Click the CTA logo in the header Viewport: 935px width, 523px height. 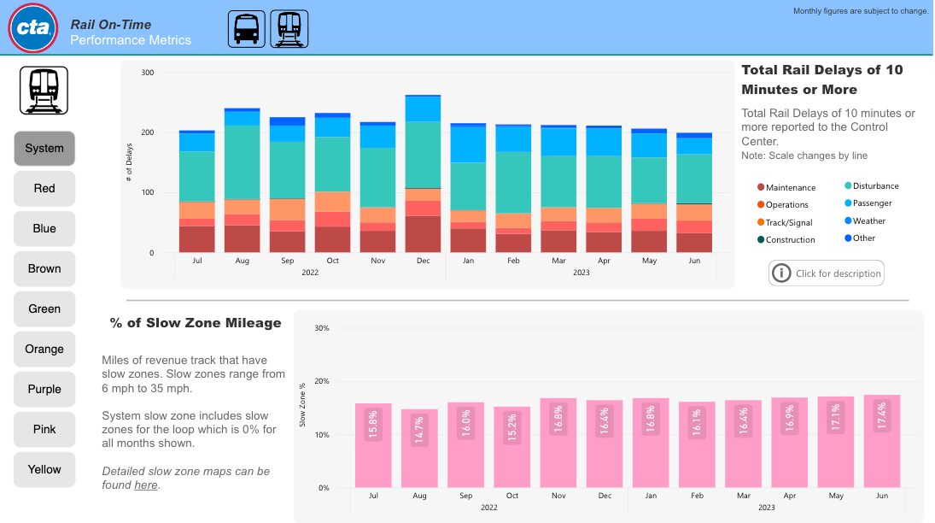(x=32, y=27)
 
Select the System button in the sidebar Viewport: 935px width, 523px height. (x=44, y=149)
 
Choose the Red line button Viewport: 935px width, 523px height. (x=44, y=189)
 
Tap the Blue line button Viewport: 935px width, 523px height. (x=44, y=229)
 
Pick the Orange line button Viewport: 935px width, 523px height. (x=44, y=350)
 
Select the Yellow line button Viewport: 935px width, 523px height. (x=44, y=470)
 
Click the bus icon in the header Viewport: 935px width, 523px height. (x=247, y=29)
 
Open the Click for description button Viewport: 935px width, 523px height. (x=826, y=273)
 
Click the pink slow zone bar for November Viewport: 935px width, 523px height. (x=558, y=444)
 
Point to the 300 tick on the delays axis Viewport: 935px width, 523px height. (x=148, y=73)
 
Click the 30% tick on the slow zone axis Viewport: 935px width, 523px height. (x=322, y=328)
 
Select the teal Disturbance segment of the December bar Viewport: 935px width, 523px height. (x=424, y=154)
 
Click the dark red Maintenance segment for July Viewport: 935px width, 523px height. (x=196, y=239)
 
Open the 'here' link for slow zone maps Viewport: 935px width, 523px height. (x=146, y=485)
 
